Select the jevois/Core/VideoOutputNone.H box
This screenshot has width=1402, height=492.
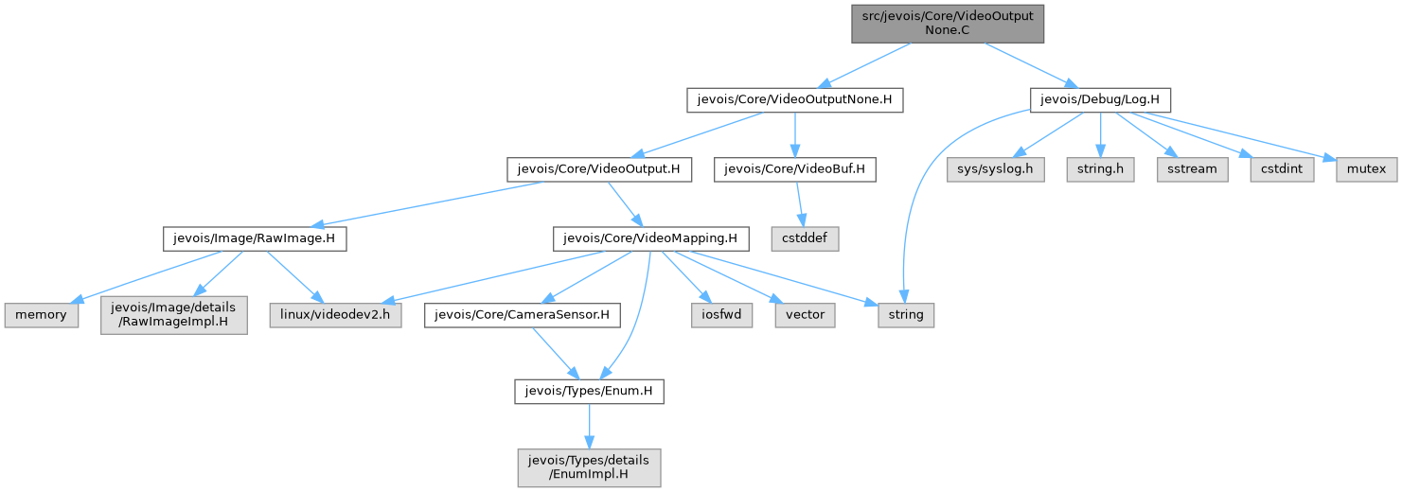(x=794, y=98)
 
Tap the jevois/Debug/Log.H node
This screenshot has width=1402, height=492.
(x=1100, y=98)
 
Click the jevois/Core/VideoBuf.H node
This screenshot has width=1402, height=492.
(x=800, y=169)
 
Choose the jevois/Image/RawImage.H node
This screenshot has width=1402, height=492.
(x=254, y=239)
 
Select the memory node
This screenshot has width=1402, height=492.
(x=40, y=314)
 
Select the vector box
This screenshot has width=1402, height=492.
(x=805, y=314)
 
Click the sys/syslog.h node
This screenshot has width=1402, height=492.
(x=996, y=169)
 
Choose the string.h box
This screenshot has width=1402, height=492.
(x=1100, y=169)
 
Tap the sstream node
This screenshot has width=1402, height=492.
(x=1191, y=169)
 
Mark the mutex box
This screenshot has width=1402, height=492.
(x=1366, y=169)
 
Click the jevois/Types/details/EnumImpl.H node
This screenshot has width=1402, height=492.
(x=589, y=466)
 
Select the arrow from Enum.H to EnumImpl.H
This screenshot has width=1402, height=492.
(x=588, y=425)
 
